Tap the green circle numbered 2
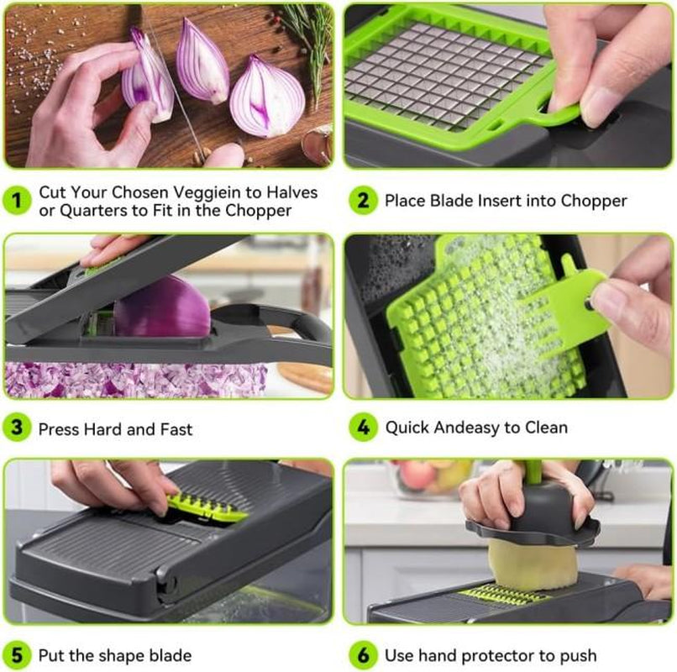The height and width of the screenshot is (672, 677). (x=363, y=201)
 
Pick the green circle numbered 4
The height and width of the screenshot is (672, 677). (x=363, y=427)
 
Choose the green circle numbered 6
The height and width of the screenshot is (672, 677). (x=363, y=655)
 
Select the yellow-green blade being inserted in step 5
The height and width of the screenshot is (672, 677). (x=207, y=507)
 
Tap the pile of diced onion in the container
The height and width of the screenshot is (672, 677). (x=134, y=380)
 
